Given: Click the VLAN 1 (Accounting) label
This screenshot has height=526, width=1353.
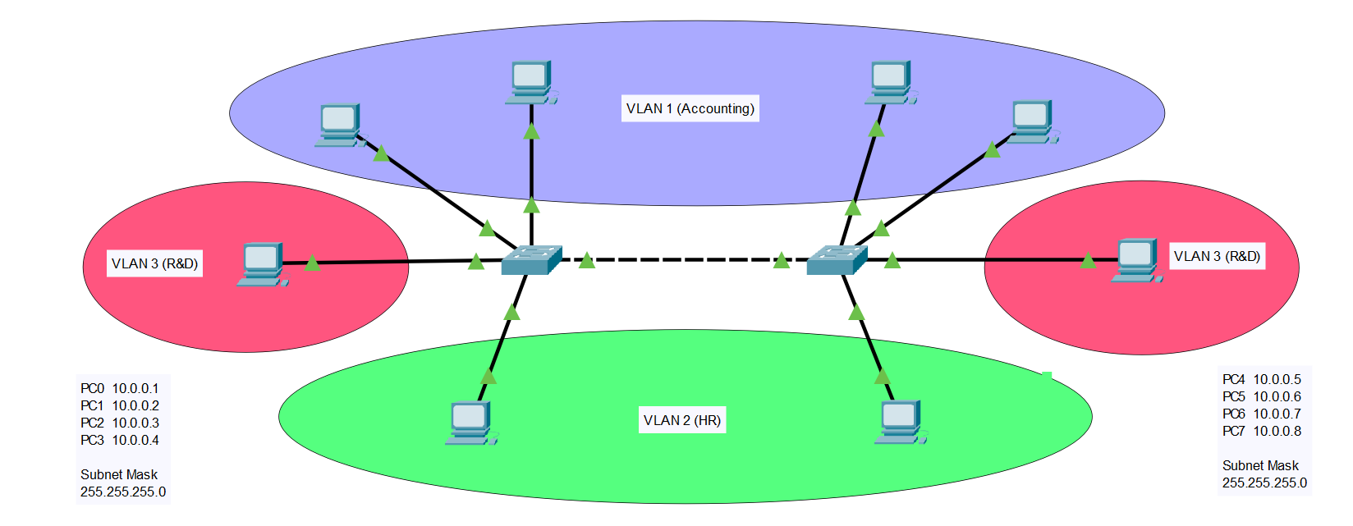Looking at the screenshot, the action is click(x=690, y=108).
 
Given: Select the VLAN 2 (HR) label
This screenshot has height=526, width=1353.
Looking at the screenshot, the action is click(x=682, y=420).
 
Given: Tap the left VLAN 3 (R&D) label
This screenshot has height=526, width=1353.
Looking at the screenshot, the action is click(x=154, y=264).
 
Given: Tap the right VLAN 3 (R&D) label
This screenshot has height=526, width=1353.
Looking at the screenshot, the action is click(x=1217, y=256).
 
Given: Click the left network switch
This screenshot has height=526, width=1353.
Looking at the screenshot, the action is click(x=531, y=260).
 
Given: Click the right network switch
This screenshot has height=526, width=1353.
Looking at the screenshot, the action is click(x=837, y=260).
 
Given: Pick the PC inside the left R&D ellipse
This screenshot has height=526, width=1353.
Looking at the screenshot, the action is click(x=263, y=264).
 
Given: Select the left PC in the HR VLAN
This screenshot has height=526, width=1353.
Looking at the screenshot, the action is click(x=471, y=423).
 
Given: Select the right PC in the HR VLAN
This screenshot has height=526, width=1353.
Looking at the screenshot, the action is click(x=901, y=422).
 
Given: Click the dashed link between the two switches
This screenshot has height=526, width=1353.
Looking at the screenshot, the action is click(x=685, y=260).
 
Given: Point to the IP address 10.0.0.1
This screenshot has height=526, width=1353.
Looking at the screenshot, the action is click(x=135, y=388).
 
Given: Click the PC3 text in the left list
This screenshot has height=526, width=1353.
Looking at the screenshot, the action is click(x=93, y=440).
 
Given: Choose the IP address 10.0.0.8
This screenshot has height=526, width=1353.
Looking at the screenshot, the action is click(x=1277, y=431).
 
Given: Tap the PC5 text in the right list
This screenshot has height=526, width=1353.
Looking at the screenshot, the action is click(x=1234, y=397).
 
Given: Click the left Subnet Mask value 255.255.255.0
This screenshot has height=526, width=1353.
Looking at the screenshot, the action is click(x=123, y=492).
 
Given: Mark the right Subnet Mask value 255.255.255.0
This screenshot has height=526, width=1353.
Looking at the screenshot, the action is click(x=1265, y=483).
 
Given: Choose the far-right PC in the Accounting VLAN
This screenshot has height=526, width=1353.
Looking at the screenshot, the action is click(x=1033, y=122).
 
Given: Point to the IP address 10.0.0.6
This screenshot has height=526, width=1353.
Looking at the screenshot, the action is click(x=1277, y=397).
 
